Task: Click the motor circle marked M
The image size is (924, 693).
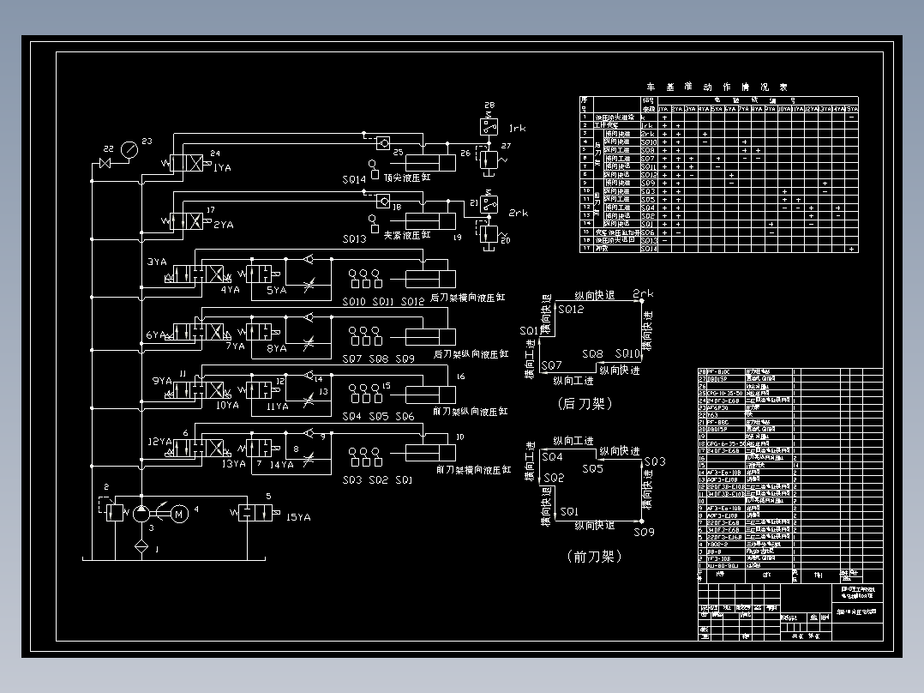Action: tap(179, 514)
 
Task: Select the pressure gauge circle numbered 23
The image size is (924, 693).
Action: tap(128, 149)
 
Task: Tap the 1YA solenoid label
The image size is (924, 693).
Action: tap(223, 168)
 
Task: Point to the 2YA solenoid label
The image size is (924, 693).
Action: tap(223, 225)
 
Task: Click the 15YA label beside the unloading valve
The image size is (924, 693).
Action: tap(297, 517)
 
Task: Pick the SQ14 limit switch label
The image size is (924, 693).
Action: tap(354, 179)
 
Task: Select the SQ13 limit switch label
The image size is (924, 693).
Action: tap(354, 238)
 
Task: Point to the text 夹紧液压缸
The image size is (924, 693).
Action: tap(407, 234)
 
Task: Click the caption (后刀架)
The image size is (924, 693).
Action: tap(585, 402)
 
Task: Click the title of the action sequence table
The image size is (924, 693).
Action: tap(717, 87)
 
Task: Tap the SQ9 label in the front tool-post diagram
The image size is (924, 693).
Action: tap(644, 533)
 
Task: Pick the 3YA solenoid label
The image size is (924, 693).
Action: tap(157, 261)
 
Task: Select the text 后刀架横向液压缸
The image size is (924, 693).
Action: tap(468, 298)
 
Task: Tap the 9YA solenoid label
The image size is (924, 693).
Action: tap(160, 380)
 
